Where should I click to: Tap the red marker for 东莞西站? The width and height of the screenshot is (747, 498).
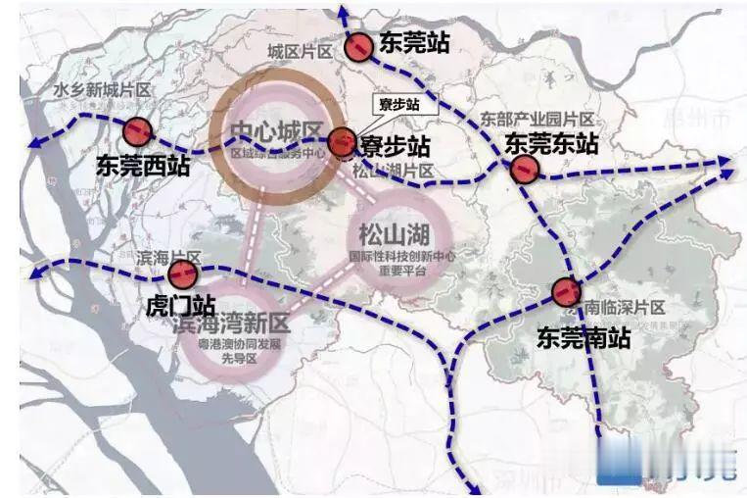click(137, 130)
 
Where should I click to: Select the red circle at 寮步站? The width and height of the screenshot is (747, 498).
click(342, 142)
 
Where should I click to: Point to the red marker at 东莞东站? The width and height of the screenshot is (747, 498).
click(525, 170)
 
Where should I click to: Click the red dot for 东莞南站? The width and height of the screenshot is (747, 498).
click(565, 291)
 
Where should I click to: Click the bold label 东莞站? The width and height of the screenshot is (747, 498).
click(414, 43)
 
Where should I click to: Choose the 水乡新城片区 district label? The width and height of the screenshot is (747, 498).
click(101, 91)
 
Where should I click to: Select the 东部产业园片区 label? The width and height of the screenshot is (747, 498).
click(537, 119)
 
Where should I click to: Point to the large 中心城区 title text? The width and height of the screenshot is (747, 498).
click(277, 133)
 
